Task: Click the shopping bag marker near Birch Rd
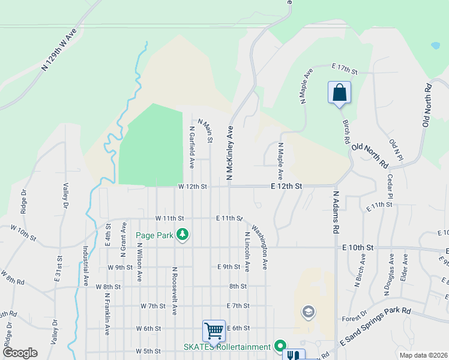coord(339,92)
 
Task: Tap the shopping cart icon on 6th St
coord(214,331)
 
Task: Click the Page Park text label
coord(154,235)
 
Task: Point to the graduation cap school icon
coord(308,311)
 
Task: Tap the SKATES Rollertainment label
coord(227,347)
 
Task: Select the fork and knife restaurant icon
coord(294,355)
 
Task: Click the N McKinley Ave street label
coord(229,152)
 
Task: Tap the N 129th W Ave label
coord(60,49)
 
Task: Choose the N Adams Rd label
coord(336,212)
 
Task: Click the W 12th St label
coord(192,187)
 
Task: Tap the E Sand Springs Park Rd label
coord(375,326)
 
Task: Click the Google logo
coord(19,353)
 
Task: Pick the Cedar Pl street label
coord(390,187)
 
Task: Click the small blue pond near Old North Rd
coord(435,45)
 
